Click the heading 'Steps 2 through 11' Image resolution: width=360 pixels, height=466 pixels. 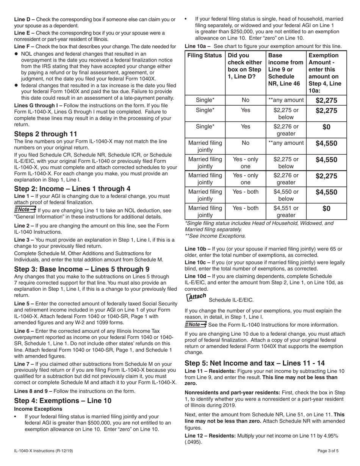pyautogui.click(x=45, y=134)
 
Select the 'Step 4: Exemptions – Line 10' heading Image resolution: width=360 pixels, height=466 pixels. pyautogui.click(x=63, y=400)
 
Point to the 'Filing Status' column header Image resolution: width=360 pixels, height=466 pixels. pyautogui.click(x=205, y=55)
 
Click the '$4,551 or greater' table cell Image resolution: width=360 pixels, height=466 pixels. pyautogui.click(x=286, y=211)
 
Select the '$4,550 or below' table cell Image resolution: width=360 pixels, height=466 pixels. pyautogui.click(x=286, y=195)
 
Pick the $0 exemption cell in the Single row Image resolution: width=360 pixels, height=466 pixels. pyautogui.click(x=326, y=127)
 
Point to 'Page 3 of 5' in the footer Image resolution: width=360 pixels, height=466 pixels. pyautogui.click(x=331, y=451)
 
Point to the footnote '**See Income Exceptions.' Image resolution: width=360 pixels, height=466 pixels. pyautogui.click(x=215, y=236)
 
